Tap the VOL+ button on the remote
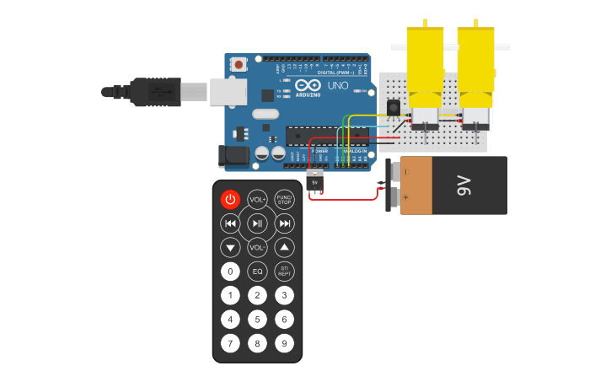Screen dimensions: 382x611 click(x=257, y=199)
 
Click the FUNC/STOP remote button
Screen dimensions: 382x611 click(x=285, y=199)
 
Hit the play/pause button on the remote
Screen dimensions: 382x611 click(x=257, y=223)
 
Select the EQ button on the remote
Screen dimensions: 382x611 click(x=257, y=272)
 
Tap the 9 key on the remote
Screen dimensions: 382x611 click(x=285, y=343)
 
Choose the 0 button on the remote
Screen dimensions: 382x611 click(x=230, y=272)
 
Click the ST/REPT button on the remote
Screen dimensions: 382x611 click(x=285, y=272)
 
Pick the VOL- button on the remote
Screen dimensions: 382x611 click(x=257, y=248)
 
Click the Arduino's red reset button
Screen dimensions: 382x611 click(x=239, y=64)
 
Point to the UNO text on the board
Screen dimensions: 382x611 click(x=337, y=86)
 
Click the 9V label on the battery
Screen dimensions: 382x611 click(x=464, y=186)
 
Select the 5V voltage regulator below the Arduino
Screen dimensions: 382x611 click(x=315, y=181)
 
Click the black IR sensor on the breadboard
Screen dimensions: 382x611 click(x=393, y=108)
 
